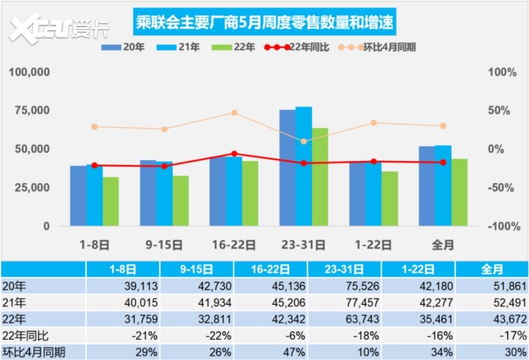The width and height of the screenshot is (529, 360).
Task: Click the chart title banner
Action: coord(264,24)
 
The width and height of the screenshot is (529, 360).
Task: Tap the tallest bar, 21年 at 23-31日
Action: coord(304,166)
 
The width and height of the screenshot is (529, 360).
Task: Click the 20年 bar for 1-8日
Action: coord(78,196)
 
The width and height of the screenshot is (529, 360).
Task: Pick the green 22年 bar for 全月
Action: coord(460,192)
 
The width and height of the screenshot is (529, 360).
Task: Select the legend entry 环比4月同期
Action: coord(381,47)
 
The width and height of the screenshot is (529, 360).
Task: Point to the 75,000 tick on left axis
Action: coord(30,110)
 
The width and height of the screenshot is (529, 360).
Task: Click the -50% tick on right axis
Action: coord(503,187)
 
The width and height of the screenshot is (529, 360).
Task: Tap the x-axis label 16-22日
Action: coord(234,244)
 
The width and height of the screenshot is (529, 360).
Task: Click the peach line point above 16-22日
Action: coord(234,113)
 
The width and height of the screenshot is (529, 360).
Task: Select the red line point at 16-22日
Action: coord(234,154)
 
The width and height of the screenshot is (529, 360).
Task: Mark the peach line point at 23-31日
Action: coord(303,141)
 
